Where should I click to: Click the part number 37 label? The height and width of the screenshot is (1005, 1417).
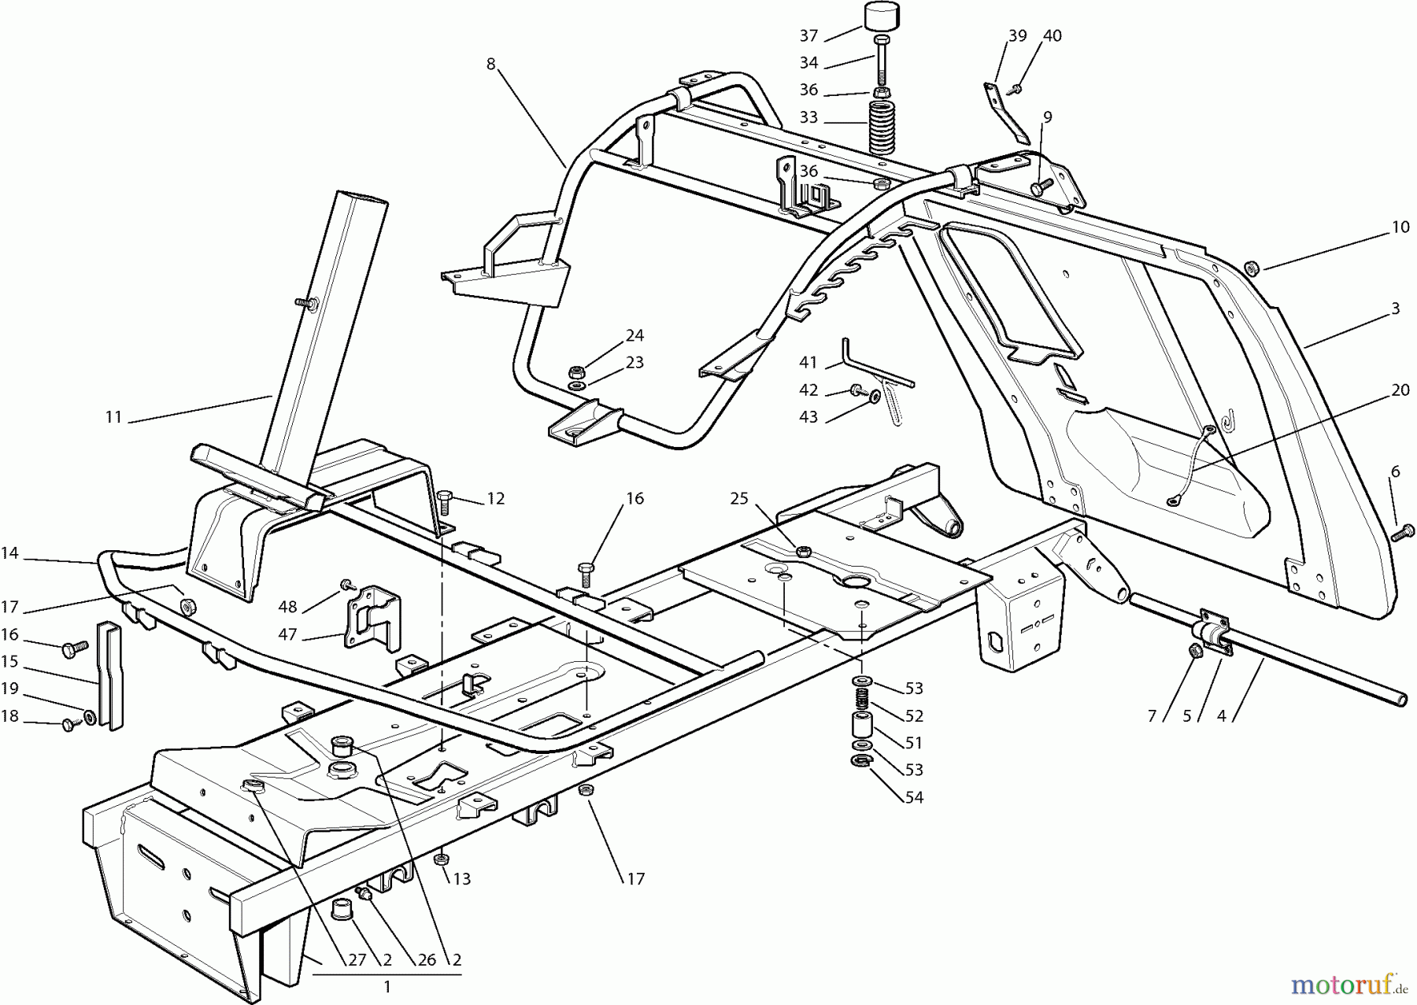[808, 35]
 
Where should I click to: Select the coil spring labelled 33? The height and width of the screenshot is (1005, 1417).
[882, 127]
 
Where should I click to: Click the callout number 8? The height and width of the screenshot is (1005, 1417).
[491, 64]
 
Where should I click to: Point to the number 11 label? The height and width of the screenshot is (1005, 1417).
[114, 416]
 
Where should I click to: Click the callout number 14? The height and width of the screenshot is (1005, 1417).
[9, 553]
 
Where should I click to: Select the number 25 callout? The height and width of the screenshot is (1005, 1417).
[738, 498]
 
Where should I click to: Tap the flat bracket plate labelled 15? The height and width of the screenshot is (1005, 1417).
[110, 675]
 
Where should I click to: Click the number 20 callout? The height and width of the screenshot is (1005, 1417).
[1400, 390]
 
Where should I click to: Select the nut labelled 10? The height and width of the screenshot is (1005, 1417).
[1252, 268]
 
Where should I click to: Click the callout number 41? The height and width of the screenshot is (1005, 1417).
[808, 363]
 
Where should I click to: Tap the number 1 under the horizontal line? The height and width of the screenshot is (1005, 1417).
[387, 986]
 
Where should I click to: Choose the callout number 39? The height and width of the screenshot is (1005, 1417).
[1017, 35]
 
